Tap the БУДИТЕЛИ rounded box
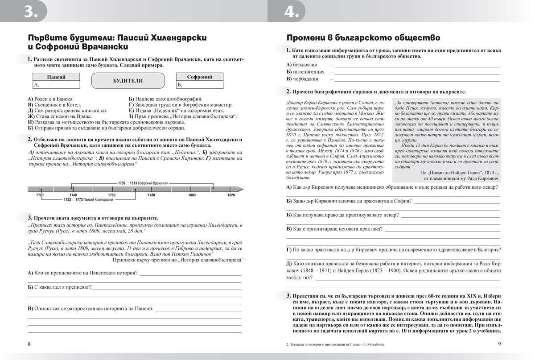128,81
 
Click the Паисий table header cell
56,77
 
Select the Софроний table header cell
199,77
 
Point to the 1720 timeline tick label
40,195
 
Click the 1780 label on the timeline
151,195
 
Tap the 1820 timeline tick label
231,195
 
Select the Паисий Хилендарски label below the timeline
95,199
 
